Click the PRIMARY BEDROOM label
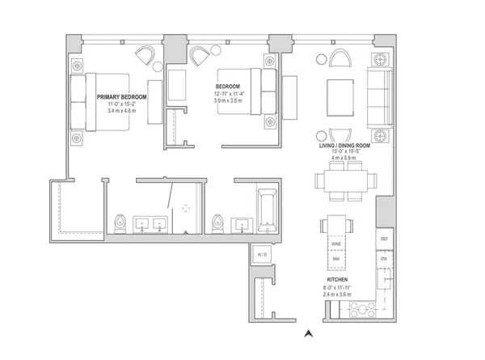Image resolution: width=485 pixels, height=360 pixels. (122, 96)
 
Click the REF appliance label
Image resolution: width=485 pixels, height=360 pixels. (385, 239)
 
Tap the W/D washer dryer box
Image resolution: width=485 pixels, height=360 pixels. (263, 254)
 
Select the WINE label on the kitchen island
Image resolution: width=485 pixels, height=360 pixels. (335, 241)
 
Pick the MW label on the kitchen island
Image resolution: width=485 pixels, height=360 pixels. (335, 260)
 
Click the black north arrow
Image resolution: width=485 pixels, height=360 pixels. (307, 332)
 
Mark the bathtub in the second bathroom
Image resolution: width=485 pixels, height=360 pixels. (267, 210)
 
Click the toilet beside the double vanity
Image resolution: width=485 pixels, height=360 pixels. (120, 222)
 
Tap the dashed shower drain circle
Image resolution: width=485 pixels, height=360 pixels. (186, 208)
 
